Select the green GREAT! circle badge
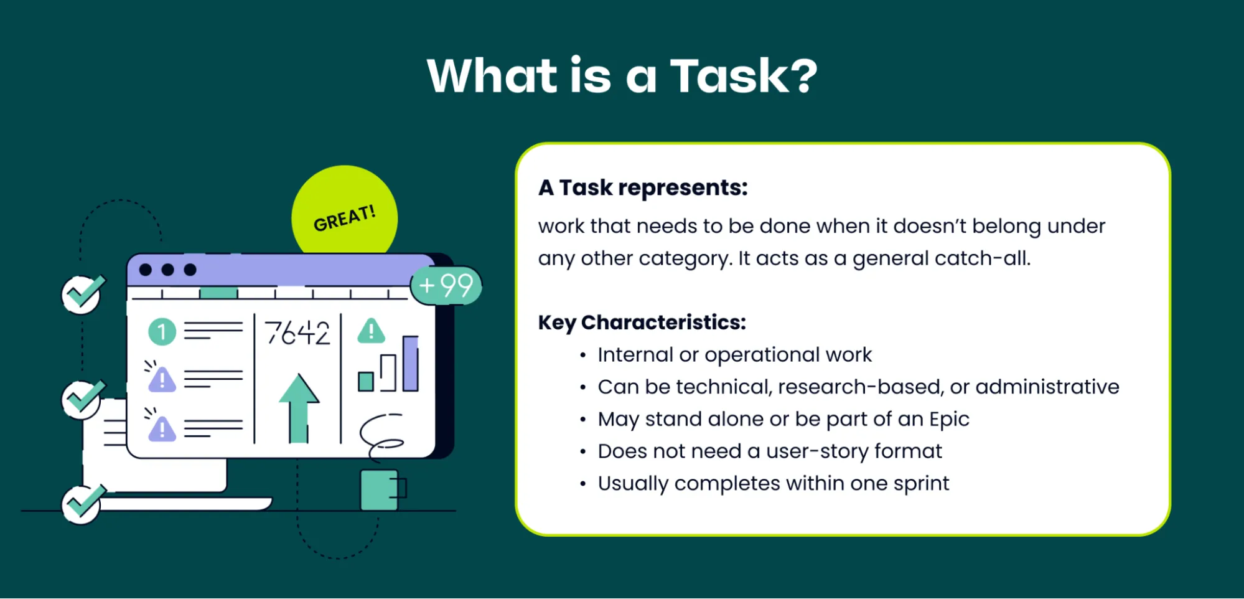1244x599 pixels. point(344,212)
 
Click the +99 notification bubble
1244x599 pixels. point(446,286)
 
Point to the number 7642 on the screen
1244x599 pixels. point(297,333)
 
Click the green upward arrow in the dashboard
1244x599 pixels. point(299,408)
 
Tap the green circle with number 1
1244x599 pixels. point(162,332)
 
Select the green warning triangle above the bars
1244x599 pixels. point(372,331)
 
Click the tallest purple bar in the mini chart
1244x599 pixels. point(410,364)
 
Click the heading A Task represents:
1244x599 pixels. point(643,187)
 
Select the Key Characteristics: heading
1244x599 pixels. point(642,323)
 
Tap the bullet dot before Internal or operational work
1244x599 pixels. point(582,356)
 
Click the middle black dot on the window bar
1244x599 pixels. point(167,270)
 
